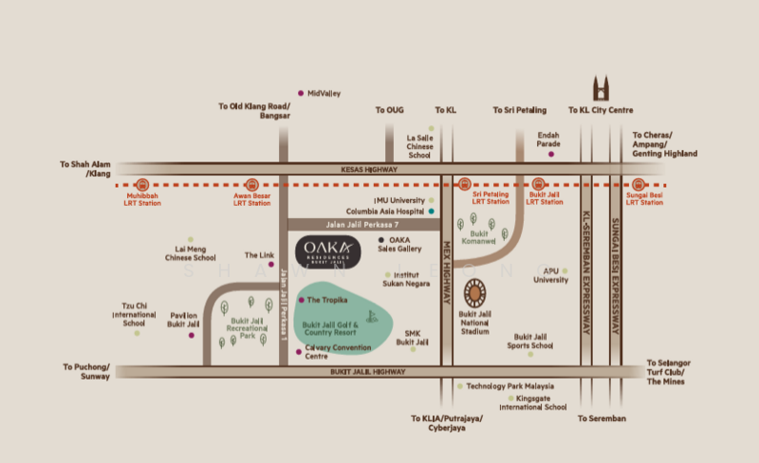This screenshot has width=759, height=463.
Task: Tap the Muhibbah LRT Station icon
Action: (143, 185)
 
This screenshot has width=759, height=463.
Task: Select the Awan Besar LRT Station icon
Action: (252, 185)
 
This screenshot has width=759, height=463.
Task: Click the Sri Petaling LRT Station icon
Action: (464, 185)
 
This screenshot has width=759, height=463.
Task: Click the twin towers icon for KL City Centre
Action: (601, 91)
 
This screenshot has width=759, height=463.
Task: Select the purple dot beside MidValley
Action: (301, 93)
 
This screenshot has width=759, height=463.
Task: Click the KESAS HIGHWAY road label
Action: (366, 169)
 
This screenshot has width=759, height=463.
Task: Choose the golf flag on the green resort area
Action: (372, 316)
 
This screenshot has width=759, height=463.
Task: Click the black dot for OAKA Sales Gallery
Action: (381, 240)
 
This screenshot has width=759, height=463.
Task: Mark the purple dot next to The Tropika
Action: (302, 300)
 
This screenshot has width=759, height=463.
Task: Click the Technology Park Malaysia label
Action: (509, 386)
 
